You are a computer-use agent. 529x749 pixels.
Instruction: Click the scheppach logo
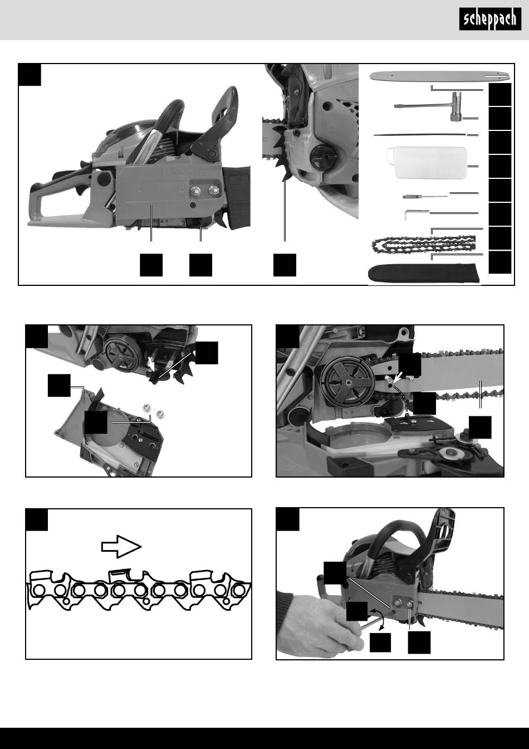[490, 19]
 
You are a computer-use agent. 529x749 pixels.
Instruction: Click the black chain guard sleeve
[424, 273]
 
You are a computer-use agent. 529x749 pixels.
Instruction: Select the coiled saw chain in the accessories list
[424, 244]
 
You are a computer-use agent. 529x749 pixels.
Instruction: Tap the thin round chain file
[420, 135]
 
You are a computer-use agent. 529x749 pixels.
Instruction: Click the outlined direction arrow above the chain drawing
[121, 547]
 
